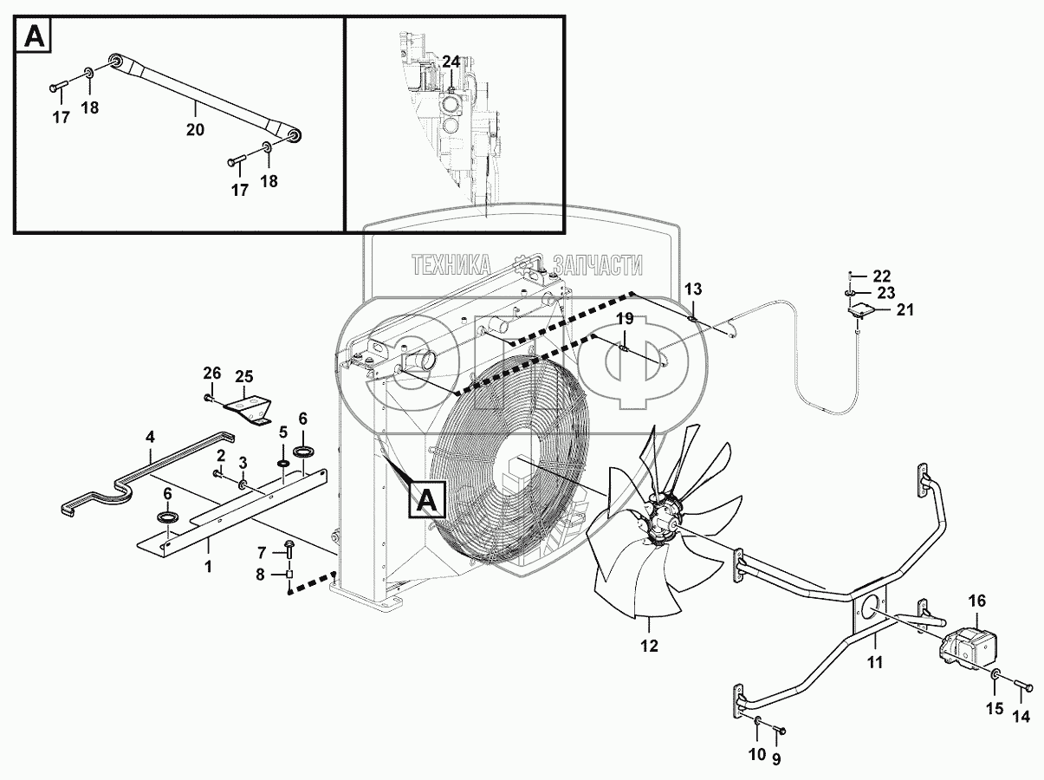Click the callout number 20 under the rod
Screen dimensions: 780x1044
195,130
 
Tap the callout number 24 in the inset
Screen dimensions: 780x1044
451,62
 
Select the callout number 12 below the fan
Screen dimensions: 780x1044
649,645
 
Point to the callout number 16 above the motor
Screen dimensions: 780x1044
976,601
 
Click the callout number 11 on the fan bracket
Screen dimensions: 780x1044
875,663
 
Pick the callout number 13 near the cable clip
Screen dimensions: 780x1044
694,289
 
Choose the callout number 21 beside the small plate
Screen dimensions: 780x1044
905,309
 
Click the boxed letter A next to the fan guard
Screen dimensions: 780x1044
427,500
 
